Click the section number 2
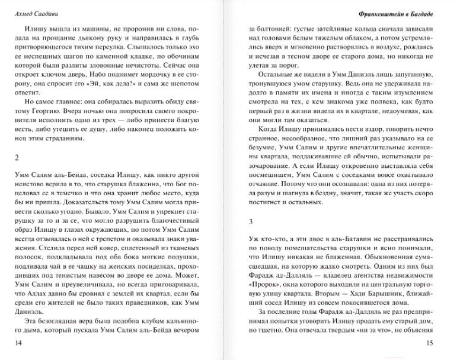(x=16, y=158)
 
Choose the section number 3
(x=251, y=222)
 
